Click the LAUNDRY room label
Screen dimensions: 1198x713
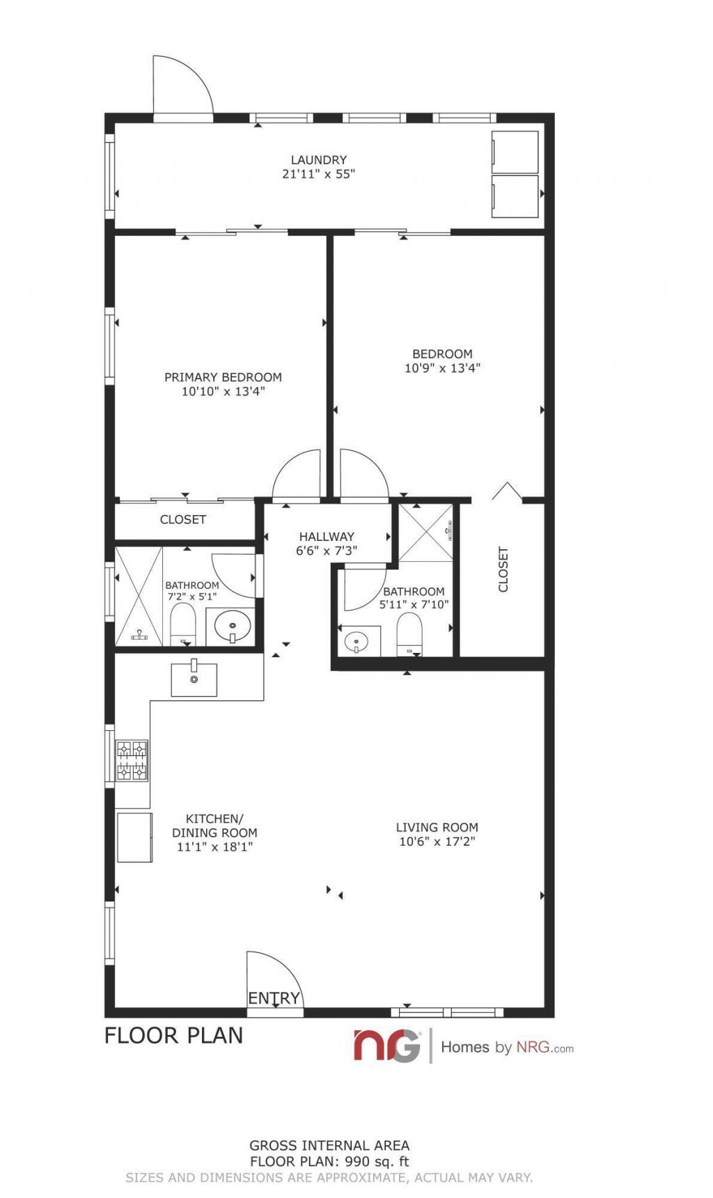[318, 160]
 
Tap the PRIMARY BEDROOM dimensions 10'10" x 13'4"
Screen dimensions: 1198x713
[223, 392]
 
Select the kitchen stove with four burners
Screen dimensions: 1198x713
[132, 761]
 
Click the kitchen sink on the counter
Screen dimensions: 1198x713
[194, 679]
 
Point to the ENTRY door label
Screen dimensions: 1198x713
[274, 998]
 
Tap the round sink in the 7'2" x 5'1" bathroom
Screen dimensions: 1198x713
[233, 626]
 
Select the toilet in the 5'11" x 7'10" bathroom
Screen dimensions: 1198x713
[409, 634]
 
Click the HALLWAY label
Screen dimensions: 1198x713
[327, 537]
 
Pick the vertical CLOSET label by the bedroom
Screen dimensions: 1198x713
[503, 569]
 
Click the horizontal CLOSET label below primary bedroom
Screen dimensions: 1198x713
[183, 519]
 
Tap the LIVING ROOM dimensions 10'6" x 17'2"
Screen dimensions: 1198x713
[437, 842]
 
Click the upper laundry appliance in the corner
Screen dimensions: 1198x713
[515, 152]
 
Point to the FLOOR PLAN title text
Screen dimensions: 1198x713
[174, 1035]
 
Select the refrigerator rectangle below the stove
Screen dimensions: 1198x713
[134, 837]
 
